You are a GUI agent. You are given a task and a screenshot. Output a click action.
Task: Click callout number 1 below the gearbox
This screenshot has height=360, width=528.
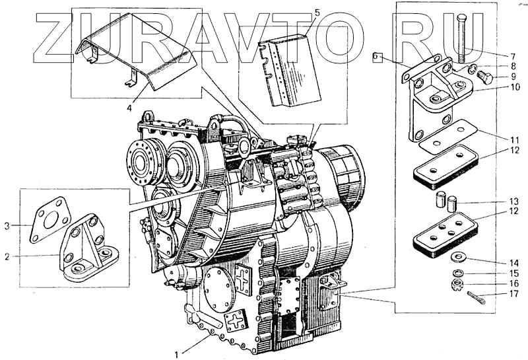(176, 355)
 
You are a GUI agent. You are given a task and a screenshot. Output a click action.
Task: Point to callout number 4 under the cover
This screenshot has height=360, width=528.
(129, 107)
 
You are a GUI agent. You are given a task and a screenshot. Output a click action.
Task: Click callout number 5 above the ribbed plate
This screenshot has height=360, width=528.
(317, 13)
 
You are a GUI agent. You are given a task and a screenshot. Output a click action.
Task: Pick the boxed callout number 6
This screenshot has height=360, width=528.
(376, 57)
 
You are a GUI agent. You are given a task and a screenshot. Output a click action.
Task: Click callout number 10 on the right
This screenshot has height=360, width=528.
(514, 87)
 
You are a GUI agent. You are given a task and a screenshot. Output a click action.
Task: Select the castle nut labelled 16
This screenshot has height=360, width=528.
(456, 285)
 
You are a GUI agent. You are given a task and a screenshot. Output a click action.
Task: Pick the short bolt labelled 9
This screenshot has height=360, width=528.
(486, 77)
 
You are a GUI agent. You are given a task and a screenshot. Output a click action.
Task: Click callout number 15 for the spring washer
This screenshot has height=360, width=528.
(514, 272)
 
